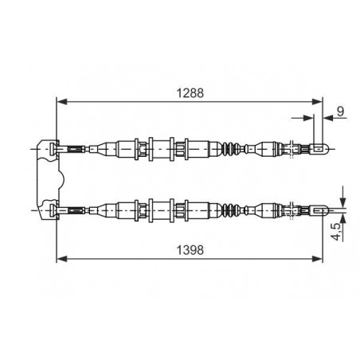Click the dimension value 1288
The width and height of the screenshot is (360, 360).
point(190,93)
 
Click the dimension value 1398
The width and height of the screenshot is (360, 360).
point(190,250)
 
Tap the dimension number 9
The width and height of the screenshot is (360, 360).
point(341,112)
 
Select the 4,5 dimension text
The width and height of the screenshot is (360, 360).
point(336,232)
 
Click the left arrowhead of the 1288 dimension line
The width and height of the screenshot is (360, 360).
point(62,102)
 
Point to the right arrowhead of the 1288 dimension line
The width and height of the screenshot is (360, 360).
point(317,102)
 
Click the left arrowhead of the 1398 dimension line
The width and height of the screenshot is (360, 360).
point(62,259)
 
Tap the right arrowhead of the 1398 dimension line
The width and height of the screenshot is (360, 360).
point(317,259)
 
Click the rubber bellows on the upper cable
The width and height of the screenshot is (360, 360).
point(231,149)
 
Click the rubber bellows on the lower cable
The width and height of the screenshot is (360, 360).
point(231,210)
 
